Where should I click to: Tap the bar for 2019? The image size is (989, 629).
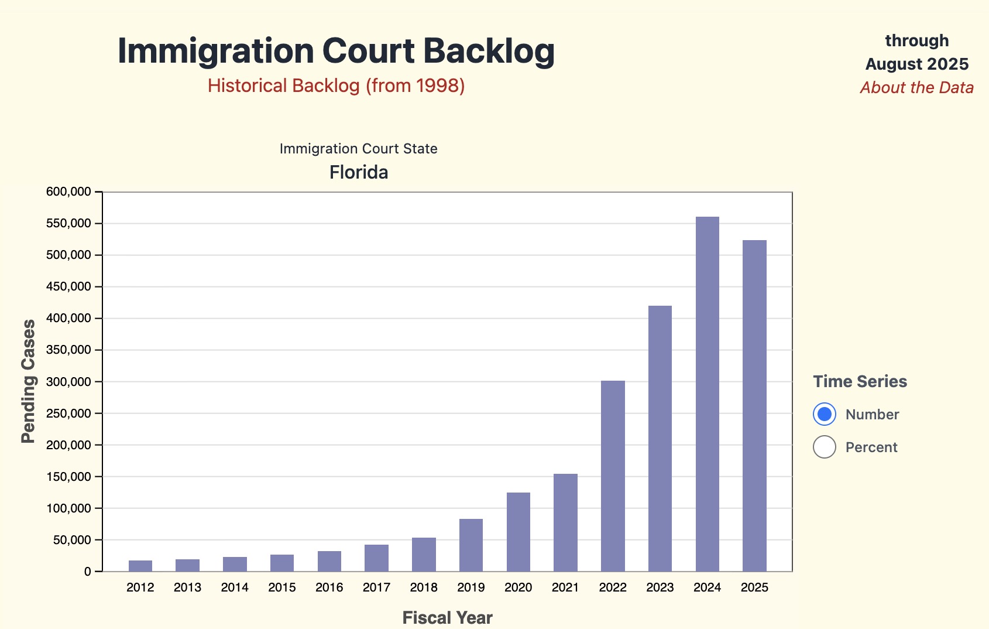(x=471, y=545)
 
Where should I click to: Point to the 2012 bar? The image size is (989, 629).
(x=140, y=566)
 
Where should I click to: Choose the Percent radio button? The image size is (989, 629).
(x=825, y=447)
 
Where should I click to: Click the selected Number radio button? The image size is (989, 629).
(x=825, y=414)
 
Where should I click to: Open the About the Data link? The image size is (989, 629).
(x=916, y=88)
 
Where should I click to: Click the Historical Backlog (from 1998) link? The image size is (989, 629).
(x=336, y=86)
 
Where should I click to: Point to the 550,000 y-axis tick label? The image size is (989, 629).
(x=68, y=223)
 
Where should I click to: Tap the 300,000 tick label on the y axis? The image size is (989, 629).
(x=68, y=382)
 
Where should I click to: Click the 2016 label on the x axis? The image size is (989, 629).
(x=329, y=587)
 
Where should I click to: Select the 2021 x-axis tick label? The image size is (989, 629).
(x=565, y=587)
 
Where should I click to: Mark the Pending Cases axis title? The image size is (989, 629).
(x=28, y=381)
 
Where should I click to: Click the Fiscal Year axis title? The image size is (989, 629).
(x=447, y=617)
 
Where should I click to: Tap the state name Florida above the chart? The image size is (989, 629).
(x=359, y=172)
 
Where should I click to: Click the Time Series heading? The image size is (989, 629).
(x=860, y=381)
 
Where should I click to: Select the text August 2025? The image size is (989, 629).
(x=916, y=64)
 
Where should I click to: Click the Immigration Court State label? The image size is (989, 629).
(x=359, y=149)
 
